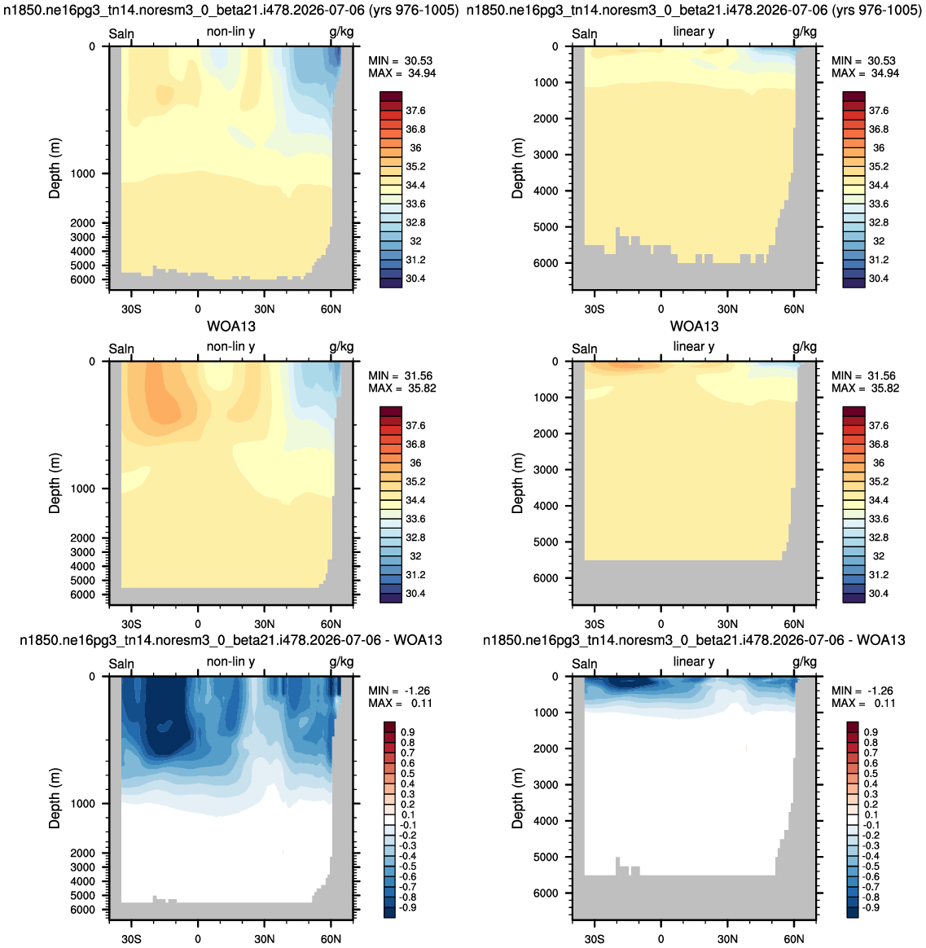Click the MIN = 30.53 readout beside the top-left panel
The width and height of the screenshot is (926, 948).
click(400, 60)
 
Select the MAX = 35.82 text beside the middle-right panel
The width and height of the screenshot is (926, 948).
click(865, 388)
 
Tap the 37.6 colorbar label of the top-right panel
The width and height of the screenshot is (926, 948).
click(878, 111)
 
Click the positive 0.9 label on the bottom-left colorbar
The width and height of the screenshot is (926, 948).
click(408, 732)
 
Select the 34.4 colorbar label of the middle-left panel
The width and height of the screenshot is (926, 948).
click(415, 500)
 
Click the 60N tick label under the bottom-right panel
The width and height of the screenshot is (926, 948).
click(793, 939)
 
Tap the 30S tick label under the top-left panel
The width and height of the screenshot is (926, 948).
click(131, 309)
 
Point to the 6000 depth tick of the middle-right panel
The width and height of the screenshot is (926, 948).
click(546, 578)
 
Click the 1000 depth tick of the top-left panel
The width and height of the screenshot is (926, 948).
click(83, 173)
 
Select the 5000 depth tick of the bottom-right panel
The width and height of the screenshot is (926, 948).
click(546, 857)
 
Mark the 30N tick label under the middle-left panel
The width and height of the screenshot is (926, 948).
click(264, 624)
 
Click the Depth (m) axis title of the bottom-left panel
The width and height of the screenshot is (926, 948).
click(55, 798)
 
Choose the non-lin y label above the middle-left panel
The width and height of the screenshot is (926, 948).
click(231, 346)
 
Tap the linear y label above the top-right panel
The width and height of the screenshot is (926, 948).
click(694, 32)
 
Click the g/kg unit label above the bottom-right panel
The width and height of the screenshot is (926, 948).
click(805, 662)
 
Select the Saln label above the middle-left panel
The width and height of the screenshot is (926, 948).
click(121, 349)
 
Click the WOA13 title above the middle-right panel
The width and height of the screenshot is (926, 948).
click(694, 327)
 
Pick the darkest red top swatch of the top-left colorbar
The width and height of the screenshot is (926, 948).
click(390, 97)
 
